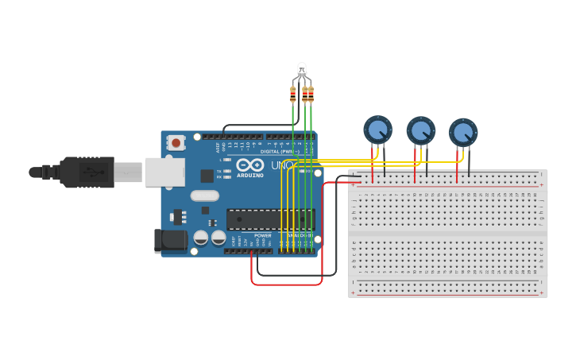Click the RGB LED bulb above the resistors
[x=301, y=70]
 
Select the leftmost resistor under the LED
[x=292, y=95]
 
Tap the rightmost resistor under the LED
[x=311, y=95]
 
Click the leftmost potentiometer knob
[x=377, y=129]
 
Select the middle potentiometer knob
[x=420, y=130]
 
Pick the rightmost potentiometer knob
[x=462, y=132]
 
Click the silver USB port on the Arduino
[x=164, y=172]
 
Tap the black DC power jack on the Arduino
[x=170, y=241]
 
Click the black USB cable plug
[x=87, y=172]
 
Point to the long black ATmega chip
[x=270, y=219]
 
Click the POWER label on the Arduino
[x=263, y=235]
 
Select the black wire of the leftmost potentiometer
[x=385, y=163]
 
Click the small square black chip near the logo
[x=207, y=176]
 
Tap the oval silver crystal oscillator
[x=204, y=195]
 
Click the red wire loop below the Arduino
[x=286, y=284]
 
